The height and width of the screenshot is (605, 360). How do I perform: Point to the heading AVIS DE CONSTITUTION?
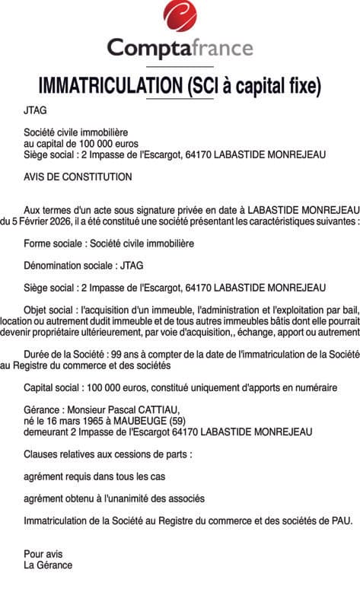pyautogui.click(x=78, y=177)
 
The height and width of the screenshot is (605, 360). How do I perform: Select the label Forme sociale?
pyautogui.click(x=54, y=244)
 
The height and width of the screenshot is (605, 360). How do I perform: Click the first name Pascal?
pyautogui.click(x=116, y=409)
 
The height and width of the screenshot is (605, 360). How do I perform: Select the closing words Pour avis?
pyautogui.click(x=43, y=554)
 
